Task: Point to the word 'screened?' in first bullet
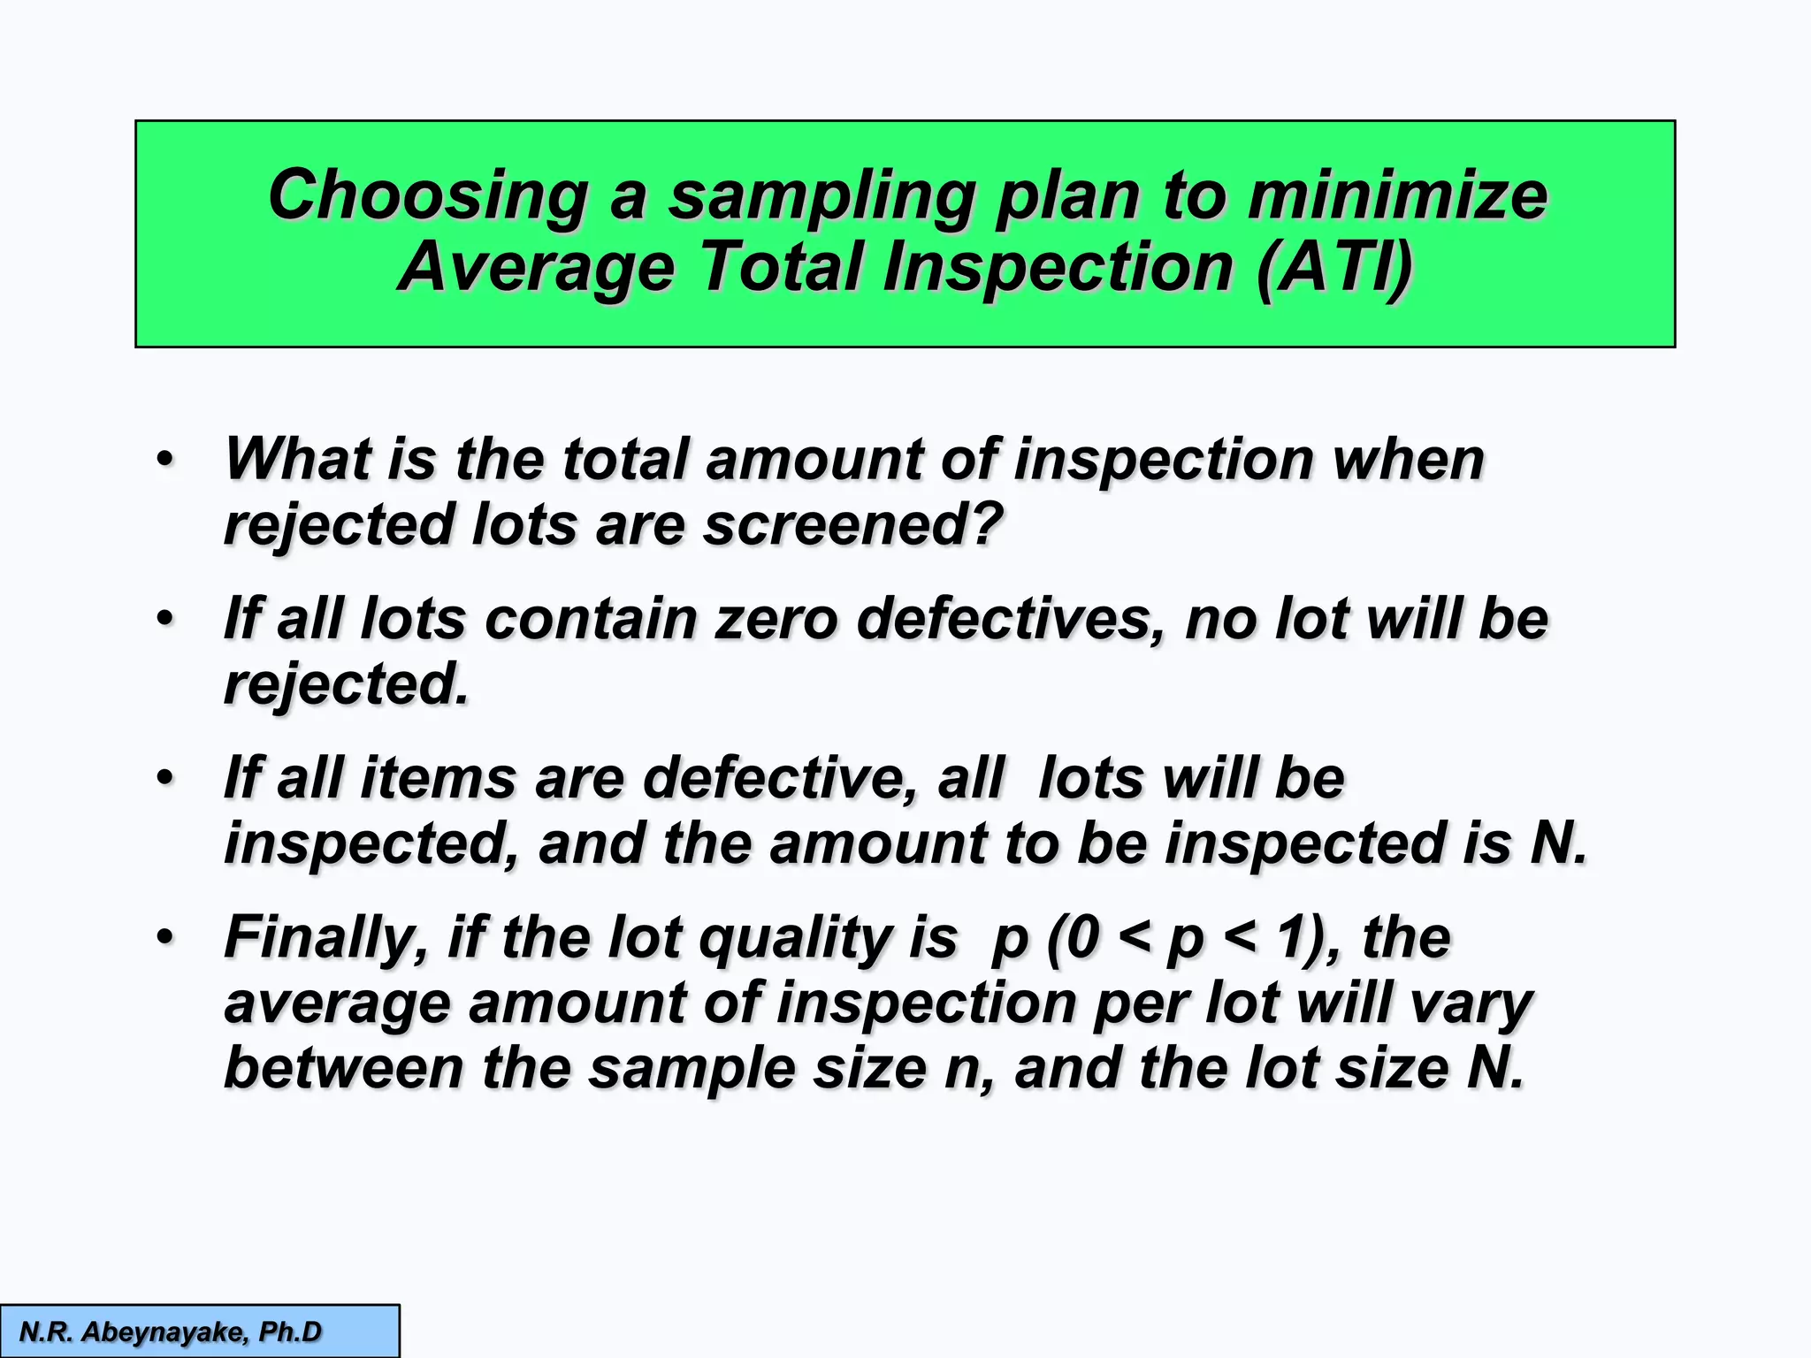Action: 852,524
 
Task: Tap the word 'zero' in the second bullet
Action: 776,618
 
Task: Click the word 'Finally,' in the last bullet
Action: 326,937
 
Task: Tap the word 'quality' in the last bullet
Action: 795,939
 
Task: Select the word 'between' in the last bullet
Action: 343,1068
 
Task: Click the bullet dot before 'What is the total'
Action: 165,461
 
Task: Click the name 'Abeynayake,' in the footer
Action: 164,1331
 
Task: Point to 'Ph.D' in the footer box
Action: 290,1331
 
